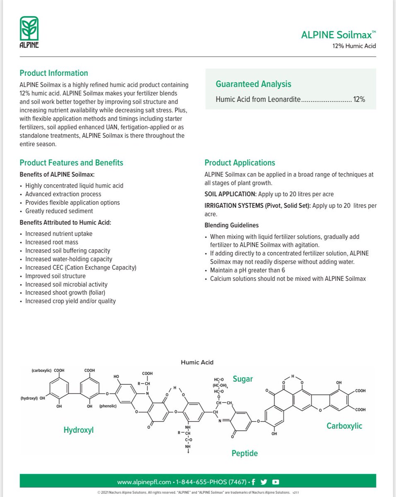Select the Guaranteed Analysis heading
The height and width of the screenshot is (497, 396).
[x=253, y=84]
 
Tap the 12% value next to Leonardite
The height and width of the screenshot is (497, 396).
[x=359, y=100]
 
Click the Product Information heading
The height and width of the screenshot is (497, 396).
[x=54, y=73]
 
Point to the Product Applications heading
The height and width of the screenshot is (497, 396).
[x=240, y=163]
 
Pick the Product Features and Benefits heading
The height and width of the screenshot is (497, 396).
[x=71, y=163]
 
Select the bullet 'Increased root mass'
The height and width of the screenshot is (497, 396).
[x=52, y=242]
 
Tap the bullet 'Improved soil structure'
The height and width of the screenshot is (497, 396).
[x=56, y=276]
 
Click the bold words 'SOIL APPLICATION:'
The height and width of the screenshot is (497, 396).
[x=230, y=194]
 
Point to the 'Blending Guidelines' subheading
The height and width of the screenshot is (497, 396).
[x=232, y=225]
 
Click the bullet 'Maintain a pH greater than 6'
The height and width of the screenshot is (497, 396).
[x=248, y=270]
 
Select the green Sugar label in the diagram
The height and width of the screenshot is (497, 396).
[x=243, y=379]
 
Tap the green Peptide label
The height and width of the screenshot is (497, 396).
[x=244, y=454]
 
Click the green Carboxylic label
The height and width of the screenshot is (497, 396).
[x=344, y=426]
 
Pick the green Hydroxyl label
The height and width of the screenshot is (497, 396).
[x=79, y=430]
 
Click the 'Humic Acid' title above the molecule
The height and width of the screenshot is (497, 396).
[x=197, y=362]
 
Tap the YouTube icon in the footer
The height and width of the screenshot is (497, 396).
[x=276, y=482]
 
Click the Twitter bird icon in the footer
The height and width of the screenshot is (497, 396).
[x=264, y=482]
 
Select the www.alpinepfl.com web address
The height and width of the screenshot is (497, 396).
[x=144, y=482]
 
